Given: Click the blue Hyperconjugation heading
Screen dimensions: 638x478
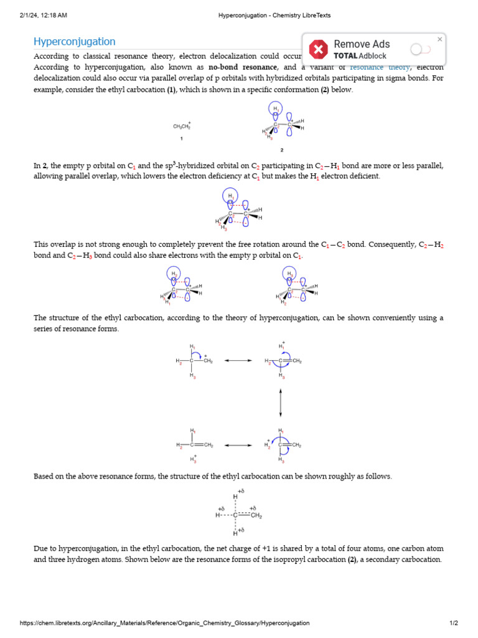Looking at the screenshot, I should coord(74,42).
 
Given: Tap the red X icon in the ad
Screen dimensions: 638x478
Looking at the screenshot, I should coord(319,49).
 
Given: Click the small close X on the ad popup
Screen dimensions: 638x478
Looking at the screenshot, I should coord(439,39).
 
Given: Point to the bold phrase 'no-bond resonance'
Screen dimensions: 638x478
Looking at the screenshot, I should coord(243,67).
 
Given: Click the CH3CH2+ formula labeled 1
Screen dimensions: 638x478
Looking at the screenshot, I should coord(182,126).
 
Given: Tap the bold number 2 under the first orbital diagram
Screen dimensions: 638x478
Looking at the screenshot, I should coord(281,150).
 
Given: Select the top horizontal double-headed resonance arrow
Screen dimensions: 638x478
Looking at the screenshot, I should coord(238,361).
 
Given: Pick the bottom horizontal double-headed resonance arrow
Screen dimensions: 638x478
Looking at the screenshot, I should coord(238,445).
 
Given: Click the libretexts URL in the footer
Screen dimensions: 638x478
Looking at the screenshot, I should coord(164,623).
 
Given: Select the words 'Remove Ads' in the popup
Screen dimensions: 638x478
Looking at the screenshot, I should coord(362,44).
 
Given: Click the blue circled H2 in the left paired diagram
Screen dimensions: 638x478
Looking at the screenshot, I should coord(175,274).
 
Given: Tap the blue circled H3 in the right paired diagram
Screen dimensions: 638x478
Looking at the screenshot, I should coord(289,274).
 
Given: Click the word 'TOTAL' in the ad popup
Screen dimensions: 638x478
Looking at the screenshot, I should coord(345,56).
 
